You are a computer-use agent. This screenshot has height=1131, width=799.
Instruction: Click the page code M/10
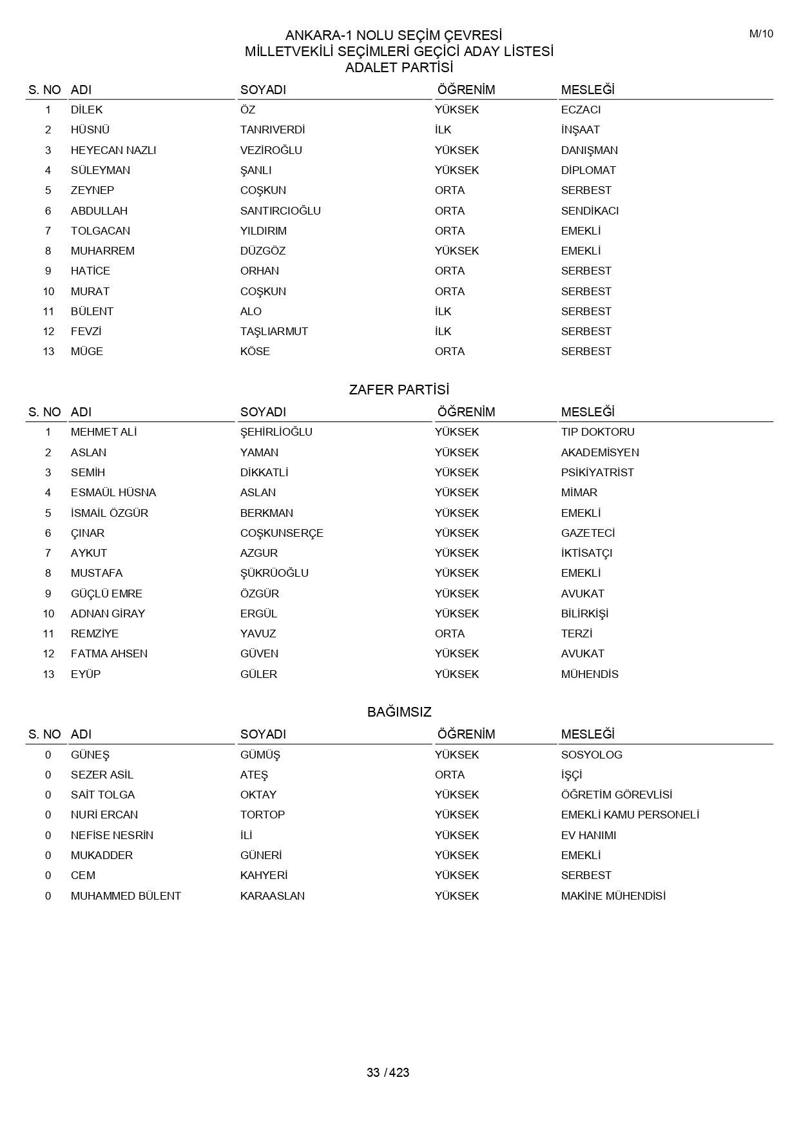tap(761, 34)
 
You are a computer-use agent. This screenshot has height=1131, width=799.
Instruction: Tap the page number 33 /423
tap(388, 1072)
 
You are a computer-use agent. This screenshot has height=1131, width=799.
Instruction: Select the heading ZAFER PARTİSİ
tap(399, 390)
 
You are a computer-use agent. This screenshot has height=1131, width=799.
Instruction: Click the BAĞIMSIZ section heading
tap(399, 712)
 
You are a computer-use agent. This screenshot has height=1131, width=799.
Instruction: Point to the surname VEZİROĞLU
tap(271, 150)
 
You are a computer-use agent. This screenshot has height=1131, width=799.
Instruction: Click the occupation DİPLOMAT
tap(588, 170)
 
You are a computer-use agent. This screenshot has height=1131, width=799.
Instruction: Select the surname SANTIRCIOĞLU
tap(280, 211)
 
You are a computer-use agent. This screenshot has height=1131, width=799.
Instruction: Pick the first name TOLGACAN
tap(101, 231)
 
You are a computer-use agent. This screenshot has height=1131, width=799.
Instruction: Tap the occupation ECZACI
tap(581, 110)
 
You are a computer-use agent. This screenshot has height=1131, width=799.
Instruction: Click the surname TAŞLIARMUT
tap(274, 331)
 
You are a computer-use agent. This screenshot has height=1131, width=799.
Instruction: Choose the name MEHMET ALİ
tap(104, 432)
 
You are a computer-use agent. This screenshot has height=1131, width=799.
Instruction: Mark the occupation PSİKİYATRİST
tap(597, 472)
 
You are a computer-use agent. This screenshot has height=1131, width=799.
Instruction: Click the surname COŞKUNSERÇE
tap(282, 533)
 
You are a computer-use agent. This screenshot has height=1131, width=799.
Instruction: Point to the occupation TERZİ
tap(576, 633)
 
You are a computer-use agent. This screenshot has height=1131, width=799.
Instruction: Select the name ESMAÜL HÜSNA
tap(113, 492)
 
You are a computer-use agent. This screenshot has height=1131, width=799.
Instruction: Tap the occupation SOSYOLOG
tap(592, 755)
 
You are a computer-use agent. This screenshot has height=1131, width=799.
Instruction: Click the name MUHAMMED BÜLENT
tap(126, 896)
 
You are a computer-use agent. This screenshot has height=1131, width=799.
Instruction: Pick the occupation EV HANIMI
tap(588, 835)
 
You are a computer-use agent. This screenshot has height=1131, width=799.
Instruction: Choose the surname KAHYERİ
tap(264, 875)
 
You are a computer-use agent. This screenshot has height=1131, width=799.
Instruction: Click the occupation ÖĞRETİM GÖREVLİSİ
tap(617, 795)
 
